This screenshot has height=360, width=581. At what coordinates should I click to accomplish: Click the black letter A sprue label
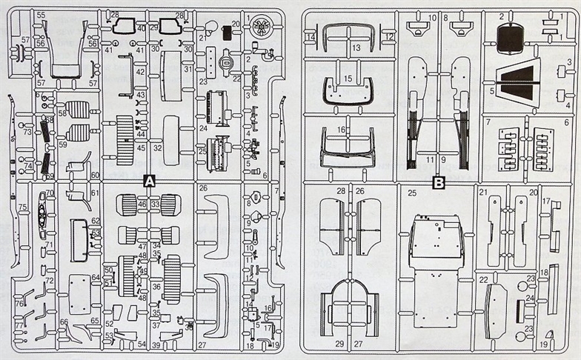[x=149, y=181]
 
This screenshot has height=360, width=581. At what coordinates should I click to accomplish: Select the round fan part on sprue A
[x=260, y=27]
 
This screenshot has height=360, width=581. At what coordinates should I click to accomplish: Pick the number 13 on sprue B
[x=356, y=47]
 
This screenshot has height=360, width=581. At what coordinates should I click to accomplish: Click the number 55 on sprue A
[x=40, y=15]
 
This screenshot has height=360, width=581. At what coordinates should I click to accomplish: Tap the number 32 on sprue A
[x=157, y=148]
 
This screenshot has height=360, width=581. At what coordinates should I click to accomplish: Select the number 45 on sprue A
[x=140, y=147]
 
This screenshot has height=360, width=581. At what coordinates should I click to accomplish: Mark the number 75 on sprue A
[x=23, y=207]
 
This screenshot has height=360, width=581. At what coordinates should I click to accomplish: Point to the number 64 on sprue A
[x=96, y=278]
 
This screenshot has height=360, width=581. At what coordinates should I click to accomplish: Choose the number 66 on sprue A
[x=64, y=322]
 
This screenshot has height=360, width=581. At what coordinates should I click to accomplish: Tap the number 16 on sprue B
[x=342, y=129]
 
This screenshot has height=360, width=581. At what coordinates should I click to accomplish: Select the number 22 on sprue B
[x=482, y=279]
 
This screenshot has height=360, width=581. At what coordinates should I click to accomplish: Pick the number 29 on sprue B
[x=339, y=344]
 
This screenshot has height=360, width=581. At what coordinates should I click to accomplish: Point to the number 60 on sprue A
[x=96, y=175]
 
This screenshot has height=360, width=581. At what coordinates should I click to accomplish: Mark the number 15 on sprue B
[x=348, y=78]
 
